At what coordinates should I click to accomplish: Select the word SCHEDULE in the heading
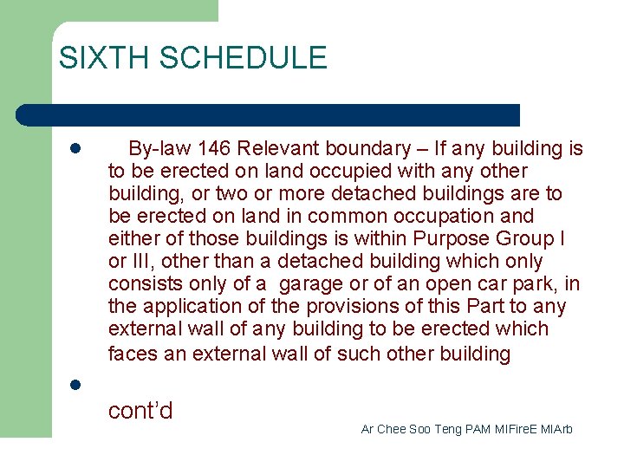pos(244,58)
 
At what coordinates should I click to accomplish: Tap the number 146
pos(214,148)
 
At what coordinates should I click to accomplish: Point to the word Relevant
pos(277,148)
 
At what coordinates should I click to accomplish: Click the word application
pos(189,306)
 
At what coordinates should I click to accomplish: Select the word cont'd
pos(140,410)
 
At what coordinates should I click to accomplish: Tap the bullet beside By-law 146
pos(75,149)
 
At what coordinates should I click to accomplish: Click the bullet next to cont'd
pos(75,385)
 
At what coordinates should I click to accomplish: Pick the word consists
pos(141,283)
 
